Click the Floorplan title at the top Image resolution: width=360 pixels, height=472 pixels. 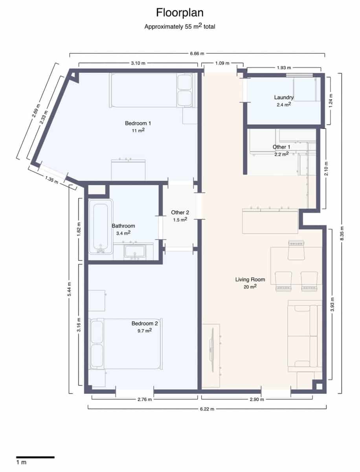click(x=180, y=13)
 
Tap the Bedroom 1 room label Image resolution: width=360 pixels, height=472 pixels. click(x=138, y=123)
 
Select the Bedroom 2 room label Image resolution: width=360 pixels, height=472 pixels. click(x=144, y=323)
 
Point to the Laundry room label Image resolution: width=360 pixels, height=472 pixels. click(x=284, y=97)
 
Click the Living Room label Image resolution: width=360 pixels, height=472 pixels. click(x=250, y=280)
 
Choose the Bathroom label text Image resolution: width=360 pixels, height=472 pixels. click(x=123, y=226)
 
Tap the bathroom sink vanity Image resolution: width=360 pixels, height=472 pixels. click(x=135, y=252)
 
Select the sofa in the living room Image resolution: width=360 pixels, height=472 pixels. click(x=303, y=336)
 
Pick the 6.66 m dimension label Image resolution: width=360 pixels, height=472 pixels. click(x=197, y=53)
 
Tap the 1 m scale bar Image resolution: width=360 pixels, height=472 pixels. click(x=35, y=457)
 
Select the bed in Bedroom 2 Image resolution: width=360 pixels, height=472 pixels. click(x=126, y=343)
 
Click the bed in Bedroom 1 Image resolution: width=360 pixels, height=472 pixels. click(x=151, y=90)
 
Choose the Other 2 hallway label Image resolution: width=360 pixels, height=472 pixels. click(x=180, y=212)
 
